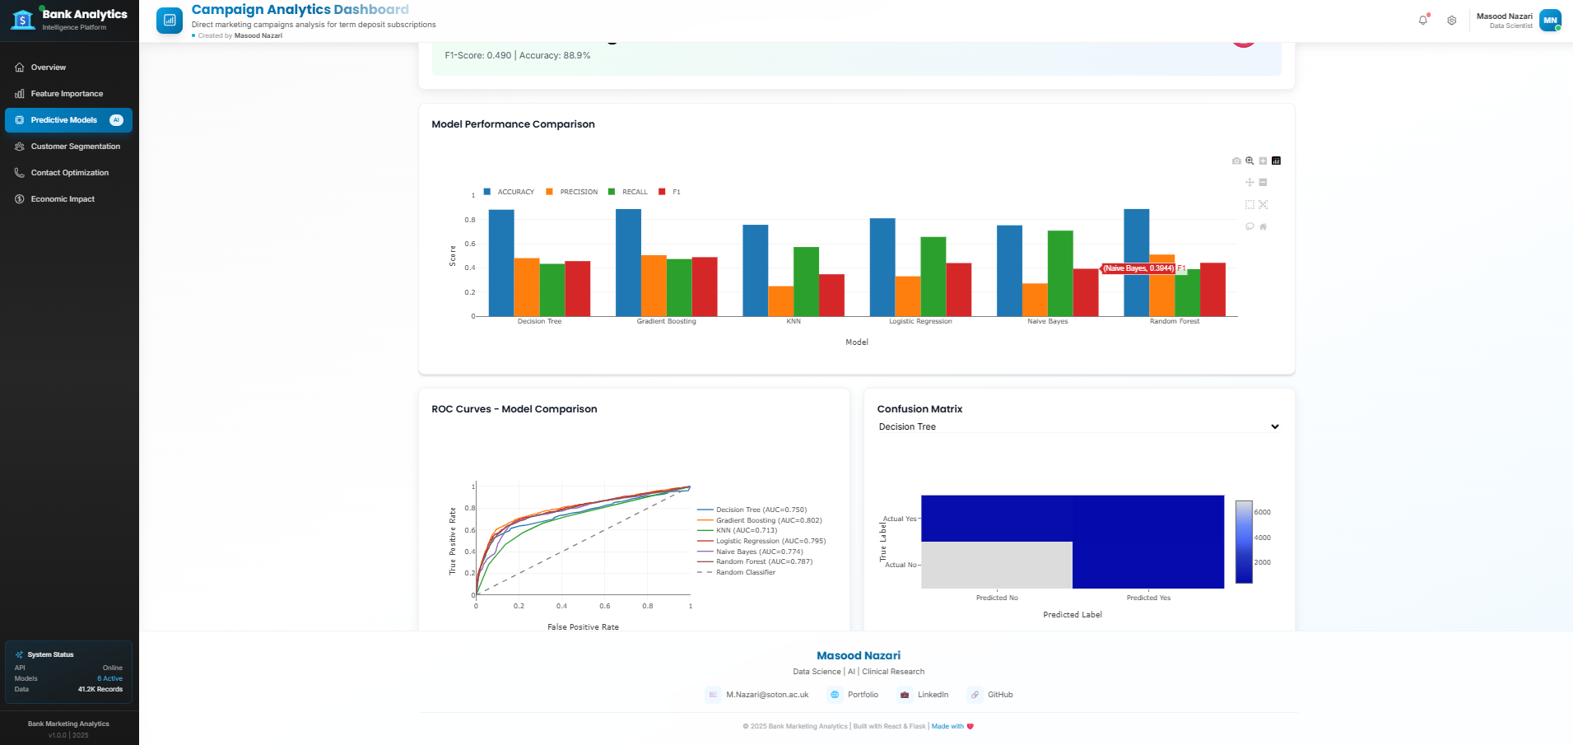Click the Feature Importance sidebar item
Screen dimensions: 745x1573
pos(67,94)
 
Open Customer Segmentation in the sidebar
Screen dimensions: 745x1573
pos(75,147)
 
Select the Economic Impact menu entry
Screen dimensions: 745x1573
pos(63,199)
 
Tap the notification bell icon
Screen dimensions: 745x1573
pos(1422,21)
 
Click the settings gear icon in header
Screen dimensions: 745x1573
pos(1452,21)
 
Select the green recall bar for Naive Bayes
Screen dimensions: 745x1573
pos(1060,273)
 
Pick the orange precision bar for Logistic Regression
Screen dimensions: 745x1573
pos(907,296)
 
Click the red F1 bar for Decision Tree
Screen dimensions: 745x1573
pos(578,288)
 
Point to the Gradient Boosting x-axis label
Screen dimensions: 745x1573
pos(666,322)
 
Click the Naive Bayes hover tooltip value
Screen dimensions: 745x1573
pos(1138,268)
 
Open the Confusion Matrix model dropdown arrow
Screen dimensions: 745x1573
pos(1274,426)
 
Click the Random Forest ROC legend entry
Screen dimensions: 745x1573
pos(763,562)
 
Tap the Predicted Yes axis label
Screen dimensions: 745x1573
pos(1148,598)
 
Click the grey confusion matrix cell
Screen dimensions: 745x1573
pos(996,565)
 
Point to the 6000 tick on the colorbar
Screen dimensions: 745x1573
pos(1262,512)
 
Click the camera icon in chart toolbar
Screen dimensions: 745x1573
pos(1236,161)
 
